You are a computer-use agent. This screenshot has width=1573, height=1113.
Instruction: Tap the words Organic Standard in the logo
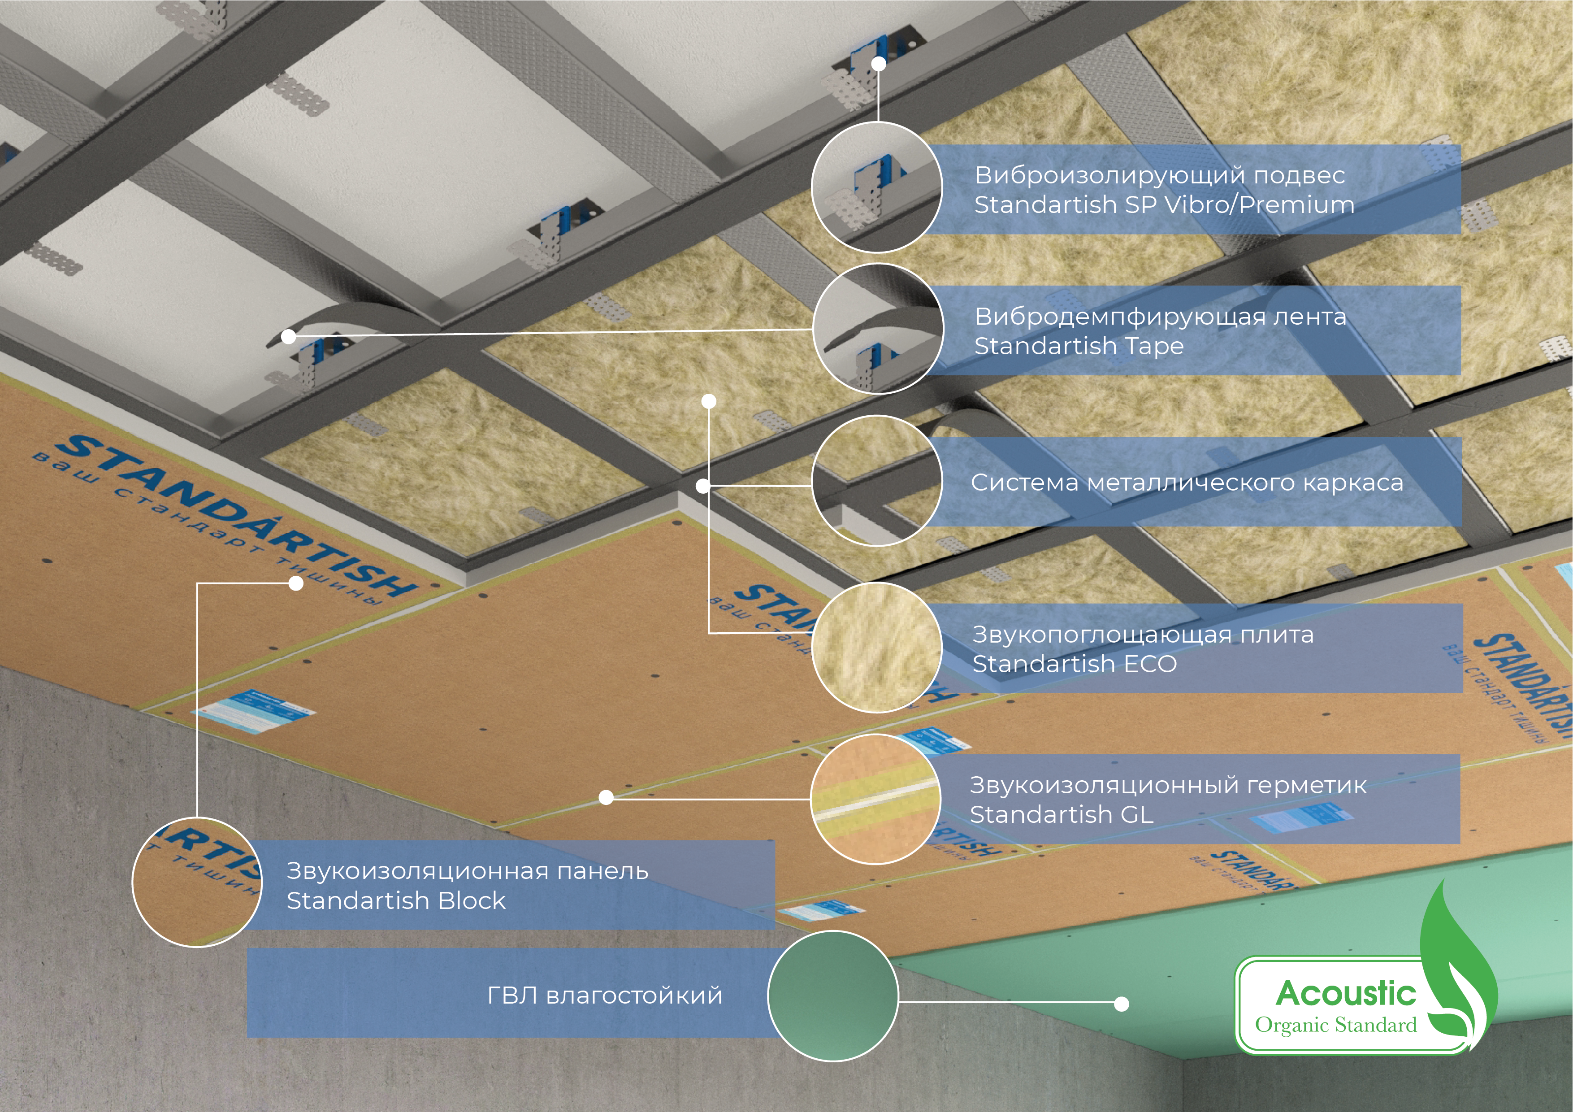[1336, 1025]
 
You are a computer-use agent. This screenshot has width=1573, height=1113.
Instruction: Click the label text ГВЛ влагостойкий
[605, 995]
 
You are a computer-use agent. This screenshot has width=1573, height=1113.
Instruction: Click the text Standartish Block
[396, 900]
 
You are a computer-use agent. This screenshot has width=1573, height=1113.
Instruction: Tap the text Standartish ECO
[1074, 664]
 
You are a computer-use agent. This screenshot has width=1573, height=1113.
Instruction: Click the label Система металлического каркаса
[1187, 483]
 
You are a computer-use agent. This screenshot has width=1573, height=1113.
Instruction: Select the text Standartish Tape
[1079, 347]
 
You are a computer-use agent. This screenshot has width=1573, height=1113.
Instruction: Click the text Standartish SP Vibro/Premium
[1164, 205]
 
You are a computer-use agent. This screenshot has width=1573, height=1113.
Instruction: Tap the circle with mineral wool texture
[877, 648]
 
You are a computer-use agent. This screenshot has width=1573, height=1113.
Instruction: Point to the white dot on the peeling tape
[288, 336]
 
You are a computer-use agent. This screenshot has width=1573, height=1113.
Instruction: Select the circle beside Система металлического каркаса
[877, 480]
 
